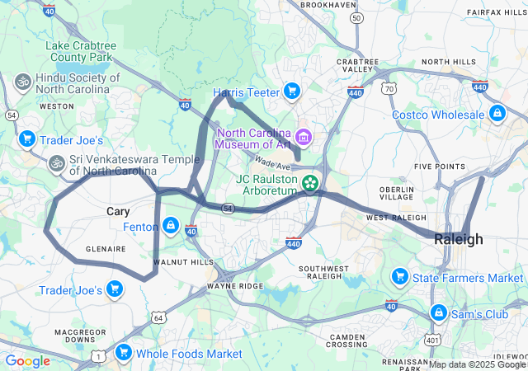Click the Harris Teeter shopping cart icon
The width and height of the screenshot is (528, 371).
(291, 91)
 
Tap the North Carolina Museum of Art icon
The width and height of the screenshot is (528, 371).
(304, 135)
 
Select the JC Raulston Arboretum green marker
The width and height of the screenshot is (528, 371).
(310, 182)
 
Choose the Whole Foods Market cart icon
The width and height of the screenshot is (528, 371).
(124, 353)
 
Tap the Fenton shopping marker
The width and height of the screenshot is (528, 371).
(170, 225)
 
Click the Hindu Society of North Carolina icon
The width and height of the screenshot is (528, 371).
(22, 82)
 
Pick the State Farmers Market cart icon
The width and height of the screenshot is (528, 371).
(400, 277)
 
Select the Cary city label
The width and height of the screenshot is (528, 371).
(118, 212)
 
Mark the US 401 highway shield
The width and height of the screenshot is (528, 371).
(432, 340)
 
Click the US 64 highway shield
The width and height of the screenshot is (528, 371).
(158, 317)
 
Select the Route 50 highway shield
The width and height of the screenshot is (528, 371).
(356, 17)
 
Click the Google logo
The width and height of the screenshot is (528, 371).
(27, 361)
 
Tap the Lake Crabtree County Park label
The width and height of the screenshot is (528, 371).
(79, 51)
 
